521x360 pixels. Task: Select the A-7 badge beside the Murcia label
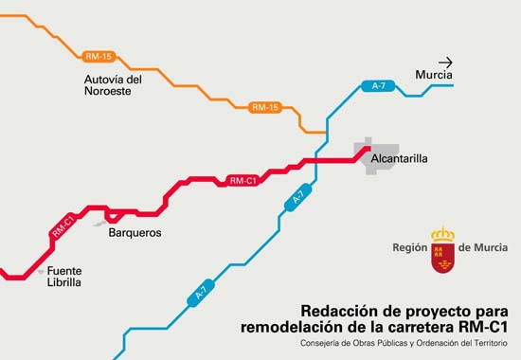pos(378,86)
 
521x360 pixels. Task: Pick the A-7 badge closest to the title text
pos(200,296)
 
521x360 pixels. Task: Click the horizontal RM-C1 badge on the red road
pos(243,180)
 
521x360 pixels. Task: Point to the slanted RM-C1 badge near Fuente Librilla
pos(63,225)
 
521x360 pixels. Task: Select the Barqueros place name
pos(135,232)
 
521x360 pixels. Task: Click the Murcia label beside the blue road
pos(434,75)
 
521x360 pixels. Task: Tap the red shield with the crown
pos(442,250)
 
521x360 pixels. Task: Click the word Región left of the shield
pos(410,248)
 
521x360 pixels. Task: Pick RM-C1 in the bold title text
pos(483,327)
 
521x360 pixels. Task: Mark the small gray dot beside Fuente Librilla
pos(41,271)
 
